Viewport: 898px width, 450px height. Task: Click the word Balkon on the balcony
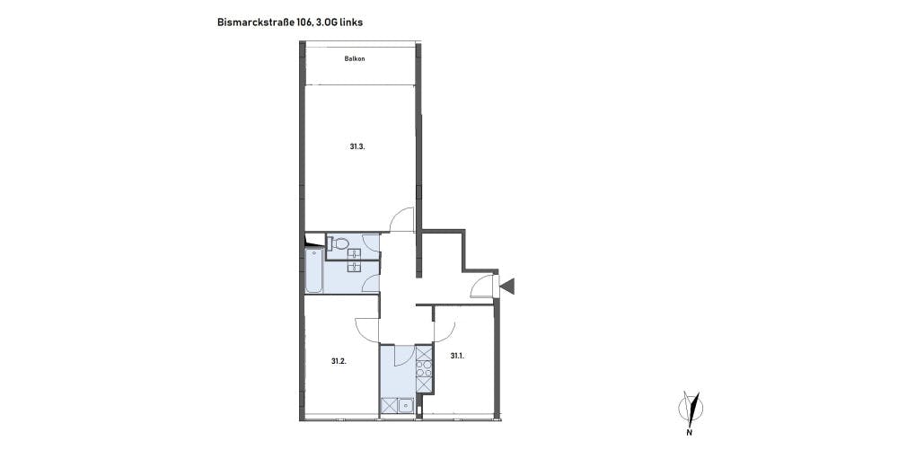[355, 58]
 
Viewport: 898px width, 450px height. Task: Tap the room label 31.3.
[357, 146]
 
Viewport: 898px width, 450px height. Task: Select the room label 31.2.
[339, 361]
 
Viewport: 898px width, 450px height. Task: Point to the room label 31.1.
[457, 356]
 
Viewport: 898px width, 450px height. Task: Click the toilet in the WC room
[338, 243]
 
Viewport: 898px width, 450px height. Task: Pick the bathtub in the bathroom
[313, 270]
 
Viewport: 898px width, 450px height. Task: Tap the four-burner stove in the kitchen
[424, 368]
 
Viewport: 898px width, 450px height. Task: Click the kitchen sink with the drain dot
[406, 405]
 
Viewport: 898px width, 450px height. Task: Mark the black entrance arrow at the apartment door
[507, 285]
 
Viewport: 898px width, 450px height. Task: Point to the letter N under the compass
[690, 432]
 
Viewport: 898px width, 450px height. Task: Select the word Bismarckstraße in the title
[254, 22]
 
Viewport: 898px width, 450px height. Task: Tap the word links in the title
[350, 22]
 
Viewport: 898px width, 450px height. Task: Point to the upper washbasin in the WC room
[355, 252]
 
